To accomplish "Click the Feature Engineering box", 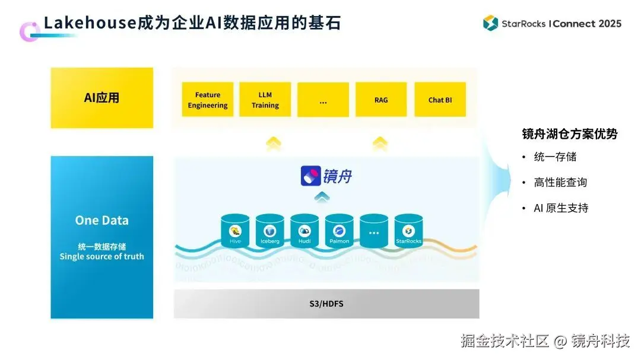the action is click(208, 100).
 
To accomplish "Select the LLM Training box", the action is click(265, 100).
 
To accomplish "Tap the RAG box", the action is click(381, 100).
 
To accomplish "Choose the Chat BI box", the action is click(440, 100).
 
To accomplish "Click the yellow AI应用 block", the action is click(101, 98).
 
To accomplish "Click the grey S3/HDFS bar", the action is click(326, 304).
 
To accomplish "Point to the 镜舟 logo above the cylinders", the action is click(326, 176).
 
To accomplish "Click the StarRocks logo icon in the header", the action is click(490, 23).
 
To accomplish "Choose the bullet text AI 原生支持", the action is click(561, 208).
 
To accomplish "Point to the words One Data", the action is click(101, 220).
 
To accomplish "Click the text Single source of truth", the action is click(101, 256).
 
